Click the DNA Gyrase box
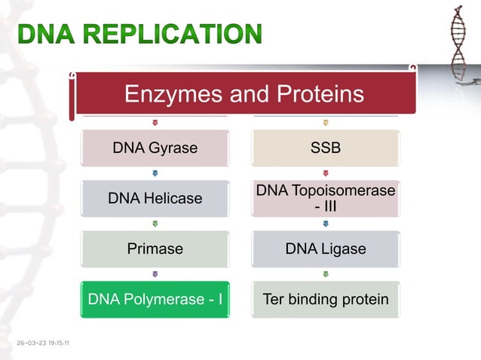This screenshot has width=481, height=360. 155,148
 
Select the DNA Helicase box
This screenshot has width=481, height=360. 155,199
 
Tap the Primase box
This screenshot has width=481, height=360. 155,249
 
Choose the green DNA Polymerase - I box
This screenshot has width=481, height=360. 155,300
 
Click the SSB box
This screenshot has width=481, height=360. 326,148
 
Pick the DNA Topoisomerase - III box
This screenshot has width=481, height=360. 326,199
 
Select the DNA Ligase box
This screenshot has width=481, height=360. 326,249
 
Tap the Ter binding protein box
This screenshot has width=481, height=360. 326,300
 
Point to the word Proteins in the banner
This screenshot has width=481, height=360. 315,94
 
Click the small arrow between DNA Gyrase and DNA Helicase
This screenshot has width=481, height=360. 155,173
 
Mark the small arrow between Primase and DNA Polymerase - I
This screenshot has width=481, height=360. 155,274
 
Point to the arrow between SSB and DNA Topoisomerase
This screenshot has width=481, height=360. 326,173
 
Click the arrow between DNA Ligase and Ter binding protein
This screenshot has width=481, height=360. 326,274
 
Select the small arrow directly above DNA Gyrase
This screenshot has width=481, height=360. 155,123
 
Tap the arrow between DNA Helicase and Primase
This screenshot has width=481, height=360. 155,224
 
